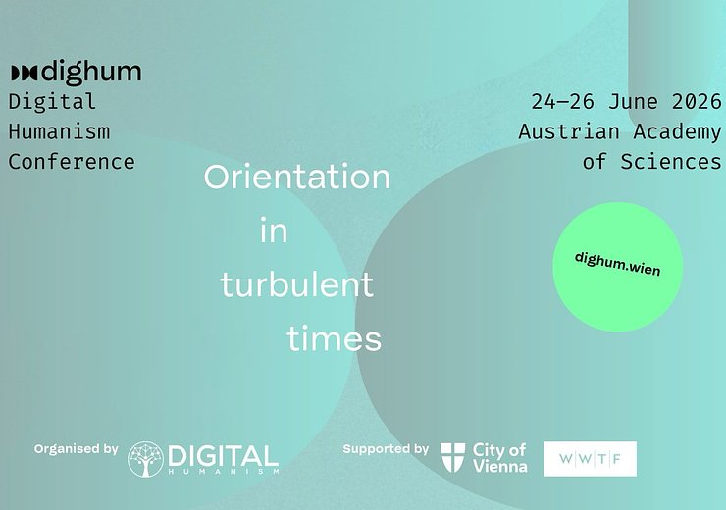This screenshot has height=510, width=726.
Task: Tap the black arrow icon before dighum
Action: click(x=23, y=73)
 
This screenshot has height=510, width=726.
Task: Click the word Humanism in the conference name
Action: click(x=59, y=130)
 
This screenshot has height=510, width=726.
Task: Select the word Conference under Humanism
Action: click(x=71, y=161)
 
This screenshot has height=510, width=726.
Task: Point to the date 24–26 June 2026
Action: click(x=626, y=101)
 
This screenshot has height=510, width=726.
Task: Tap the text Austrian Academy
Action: click(x=620, y=131)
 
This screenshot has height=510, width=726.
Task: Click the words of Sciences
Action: click(x=651, y=161)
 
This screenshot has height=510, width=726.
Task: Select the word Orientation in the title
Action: click(x=296, y=178)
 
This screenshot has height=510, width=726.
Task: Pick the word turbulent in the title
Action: click(x=296, y=285)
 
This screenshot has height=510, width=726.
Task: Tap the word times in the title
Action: click(x=334, y=339)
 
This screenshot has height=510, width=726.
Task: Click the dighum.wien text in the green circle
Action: click(x=617, y=263)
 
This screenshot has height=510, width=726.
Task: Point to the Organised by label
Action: click(x=76, y=449)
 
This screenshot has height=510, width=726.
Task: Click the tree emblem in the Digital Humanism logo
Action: click(x=145, y=459)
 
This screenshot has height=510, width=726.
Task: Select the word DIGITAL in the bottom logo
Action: click(x=223, y=456)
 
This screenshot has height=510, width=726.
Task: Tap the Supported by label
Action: click(x=386, y=449)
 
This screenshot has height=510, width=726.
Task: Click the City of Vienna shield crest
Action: click(x=452, y=457)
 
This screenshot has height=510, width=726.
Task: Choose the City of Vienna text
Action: click(x=499, y=458)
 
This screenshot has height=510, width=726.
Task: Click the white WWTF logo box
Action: click(x=590, y=459)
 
